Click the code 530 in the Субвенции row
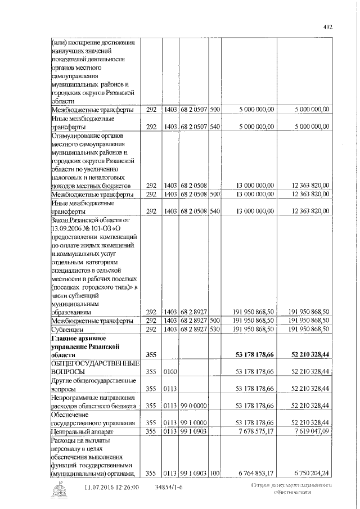click(x=214, y=328)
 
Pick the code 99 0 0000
click(x=193, y=405)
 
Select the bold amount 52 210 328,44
click(x=307, y=355)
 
